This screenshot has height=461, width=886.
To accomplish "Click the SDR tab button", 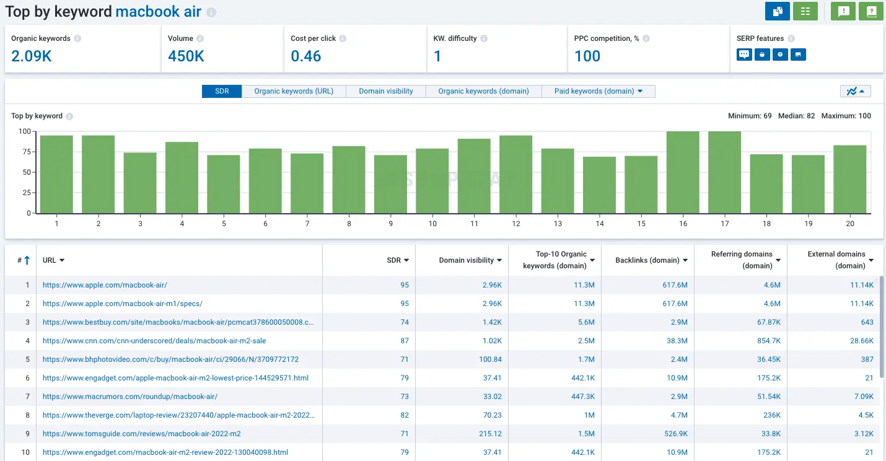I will (222, 91).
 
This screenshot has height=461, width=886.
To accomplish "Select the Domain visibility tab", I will (386, 91).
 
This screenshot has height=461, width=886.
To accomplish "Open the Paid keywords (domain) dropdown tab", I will (598, 91).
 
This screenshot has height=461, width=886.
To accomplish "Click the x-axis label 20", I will (850, 224).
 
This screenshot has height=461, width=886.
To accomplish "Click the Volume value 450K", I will (186, 56).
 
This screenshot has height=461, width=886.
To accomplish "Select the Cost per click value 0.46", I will (306, 56).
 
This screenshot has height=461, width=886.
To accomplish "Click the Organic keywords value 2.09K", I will (32, 56).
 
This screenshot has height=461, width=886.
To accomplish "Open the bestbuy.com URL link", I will (178, 322).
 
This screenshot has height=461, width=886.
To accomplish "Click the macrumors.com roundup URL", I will (130, 397).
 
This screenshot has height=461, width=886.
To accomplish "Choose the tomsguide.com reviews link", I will (141, 434).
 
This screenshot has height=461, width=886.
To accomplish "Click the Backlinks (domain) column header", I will (647, 260).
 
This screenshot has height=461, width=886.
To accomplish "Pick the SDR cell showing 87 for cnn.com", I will (404, 341).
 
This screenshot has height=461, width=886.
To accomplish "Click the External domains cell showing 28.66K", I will (862, 341).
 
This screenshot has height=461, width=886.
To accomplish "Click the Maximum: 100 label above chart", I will (846, 116).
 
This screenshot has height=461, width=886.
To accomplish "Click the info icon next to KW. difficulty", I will (484, 38).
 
